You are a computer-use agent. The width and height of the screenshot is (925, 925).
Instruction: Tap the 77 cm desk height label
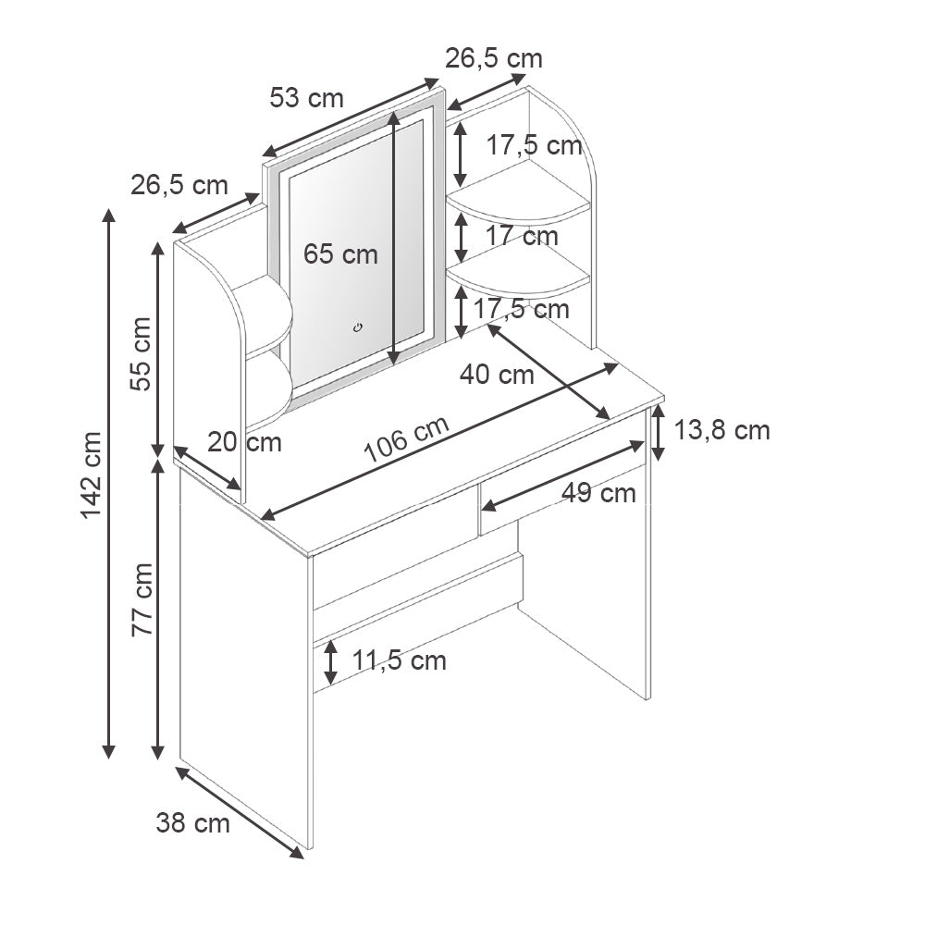point(142,599)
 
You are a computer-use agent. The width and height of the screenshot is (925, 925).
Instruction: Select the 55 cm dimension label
point(142,354)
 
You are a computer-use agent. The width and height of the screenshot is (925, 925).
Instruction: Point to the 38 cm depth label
point(192,822)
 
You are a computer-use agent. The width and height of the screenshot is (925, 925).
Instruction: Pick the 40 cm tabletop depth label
point(497,375)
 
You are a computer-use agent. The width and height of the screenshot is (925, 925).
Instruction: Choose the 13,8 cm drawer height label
point(722,430)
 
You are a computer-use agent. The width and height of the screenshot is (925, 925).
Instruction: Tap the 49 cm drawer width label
point(598,493)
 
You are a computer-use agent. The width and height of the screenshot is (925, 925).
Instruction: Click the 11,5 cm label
point(399,660)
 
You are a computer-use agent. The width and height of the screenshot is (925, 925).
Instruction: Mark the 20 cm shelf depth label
point(244,442)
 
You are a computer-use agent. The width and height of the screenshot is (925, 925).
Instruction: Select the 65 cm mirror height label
point(341,253)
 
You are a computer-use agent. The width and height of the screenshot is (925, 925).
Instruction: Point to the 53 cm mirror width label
point(306,97)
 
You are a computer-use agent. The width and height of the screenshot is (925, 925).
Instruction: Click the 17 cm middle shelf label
point(522,236)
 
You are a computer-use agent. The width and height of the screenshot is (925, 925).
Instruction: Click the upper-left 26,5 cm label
point(179,185)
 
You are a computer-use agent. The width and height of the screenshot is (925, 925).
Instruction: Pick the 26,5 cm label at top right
point(493,58)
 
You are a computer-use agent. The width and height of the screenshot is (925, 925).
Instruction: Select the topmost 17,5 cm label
point(535,145)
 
